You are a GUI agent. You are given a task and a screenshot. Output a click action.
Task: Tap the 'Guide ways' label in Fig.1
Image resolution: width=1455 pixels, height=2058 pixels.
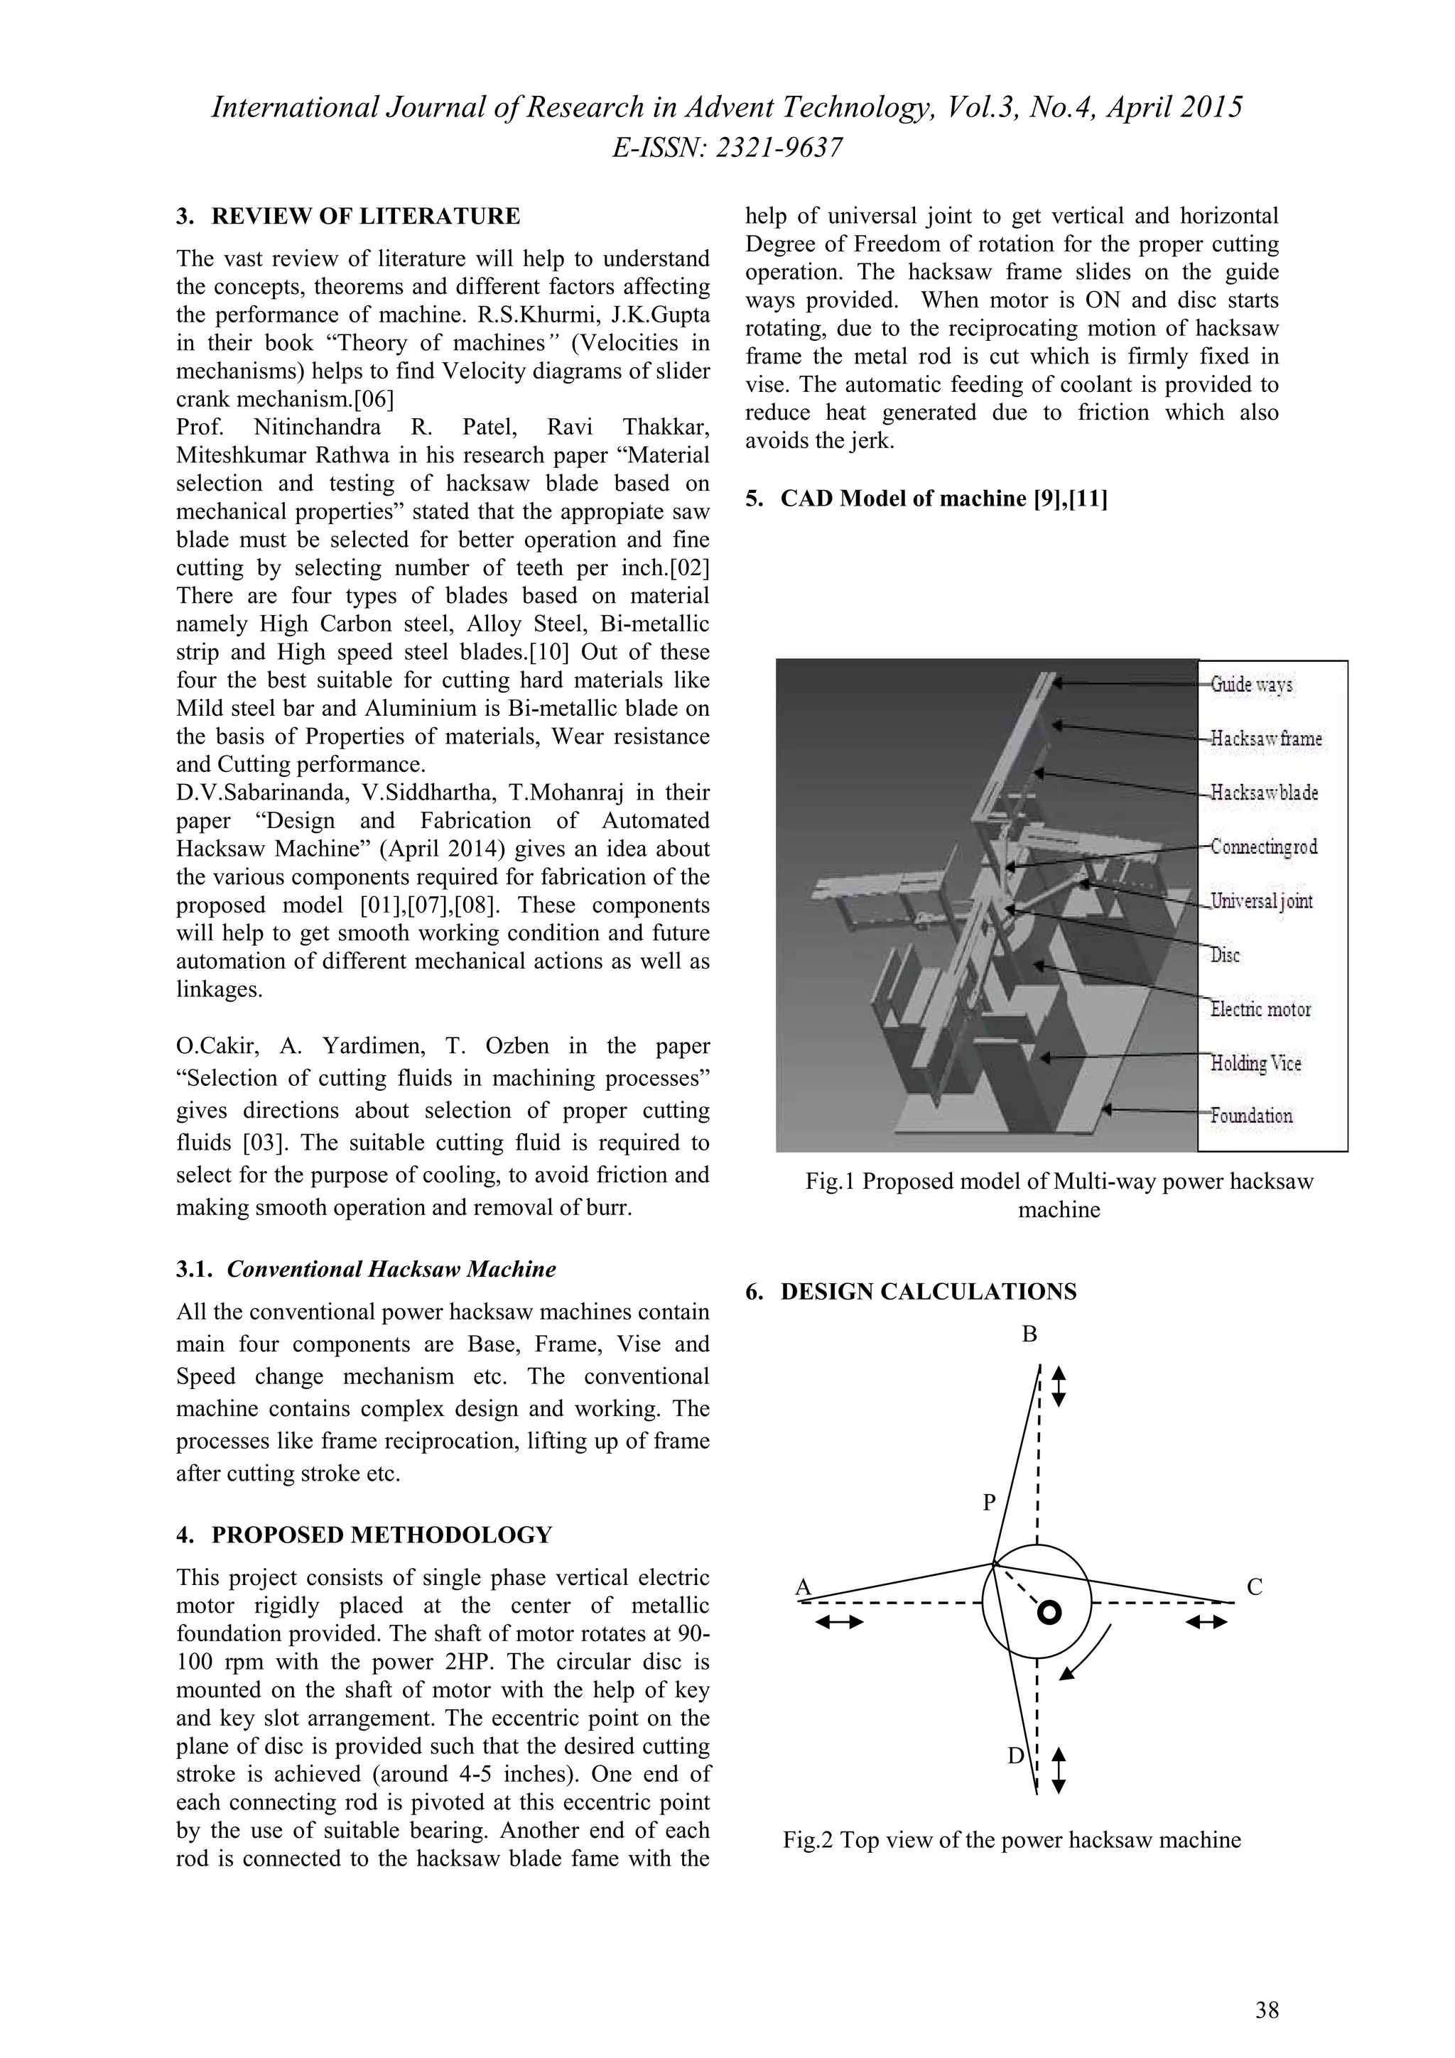tap(1252, 685)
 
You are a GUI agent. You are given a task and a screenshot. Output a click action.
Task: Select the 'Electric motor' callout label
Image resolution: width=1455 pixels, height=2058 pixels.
tap(1260, 1009)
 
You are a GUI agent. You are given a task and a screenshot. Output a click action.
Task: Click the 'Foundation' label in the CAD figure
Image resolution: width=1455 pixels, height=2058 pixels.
tap(1252, 1116)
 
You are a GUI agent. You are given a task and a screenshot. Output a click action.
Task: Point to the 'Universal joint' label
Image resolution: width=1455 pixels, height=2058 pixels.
tap(1261, 901)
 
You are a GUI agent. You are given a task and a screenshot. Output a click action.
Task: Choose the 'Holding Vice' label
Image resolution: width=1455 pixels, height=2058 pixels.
tap(1255, 1063)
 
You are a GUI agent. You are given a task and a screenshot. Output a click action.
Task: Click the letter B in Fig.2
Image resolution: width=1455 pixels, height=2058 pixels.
tap(1030, 1334)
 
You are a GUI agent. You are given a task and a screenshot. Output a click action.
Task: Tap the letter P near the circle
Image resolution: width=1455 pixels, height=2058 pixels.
tap(989, 1502)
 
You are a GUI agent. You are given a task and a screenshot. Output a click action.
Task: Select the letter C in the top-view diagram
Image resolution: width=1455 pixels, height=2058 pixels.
tap(1254, 1587)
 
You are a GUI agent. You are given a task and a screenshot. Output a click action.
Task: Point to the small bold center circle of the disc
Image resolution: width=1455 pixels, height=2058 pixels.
tap(1049, 1613)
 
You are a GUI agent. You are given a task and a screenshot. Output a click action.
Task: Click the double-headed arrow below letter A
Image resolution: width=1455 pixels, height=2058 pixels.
tap(839, 1621)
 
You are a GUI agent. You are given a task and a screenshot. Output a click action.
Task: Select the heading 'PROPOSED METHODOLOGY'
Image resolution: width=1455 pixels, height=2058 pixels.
tap(381, 1535)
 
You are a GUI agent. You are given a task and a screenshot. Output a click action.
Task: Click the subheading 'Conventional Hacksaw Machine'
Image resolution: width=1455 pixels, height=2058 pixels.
tap(391, 1269)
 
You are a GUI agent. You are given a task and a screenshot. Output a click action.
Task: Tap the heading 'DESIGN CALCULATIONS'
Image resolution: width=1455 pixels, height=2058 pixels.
tap(928, 1292)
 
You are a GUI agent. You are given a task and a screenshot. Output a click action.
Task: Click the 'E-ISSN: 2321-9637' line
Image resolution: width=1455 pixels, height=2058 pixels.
tap(727, 148)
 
